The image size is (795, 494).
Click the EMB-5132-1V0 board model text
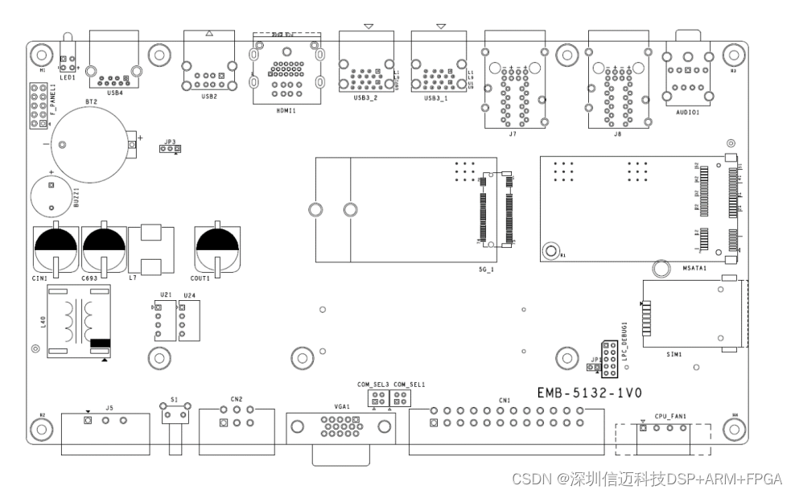[589, 393]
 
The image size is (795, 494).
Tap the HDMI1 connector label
[285, 111]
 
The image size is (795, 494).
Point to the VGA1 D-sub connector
[340, 426]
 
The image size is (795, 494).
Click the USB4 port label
[115, 93]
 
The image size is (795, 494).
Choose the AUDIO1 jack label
[687, 113]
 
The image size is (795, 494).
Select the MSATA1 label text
[694, 268]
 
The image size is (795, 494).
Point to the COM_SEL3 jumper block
[377, 398]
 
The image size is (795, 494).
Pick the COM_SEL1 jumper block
[398, 398]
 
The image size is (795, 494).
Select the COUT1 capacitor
[217, 245]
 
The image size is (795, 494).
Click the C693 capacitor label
[90, 278]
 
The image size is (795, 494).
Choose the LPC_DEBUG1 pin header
[609, 360]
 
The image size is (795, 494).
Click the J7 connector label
[513, 134]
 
